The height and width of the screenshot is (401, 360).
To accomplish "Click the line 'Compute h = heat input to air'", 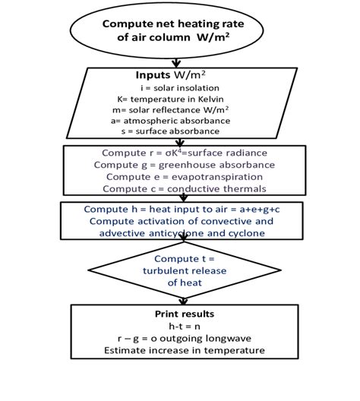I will pos(177,209).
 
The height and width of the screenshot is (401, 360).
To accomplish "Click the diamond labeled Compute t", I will pos(176,270).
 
